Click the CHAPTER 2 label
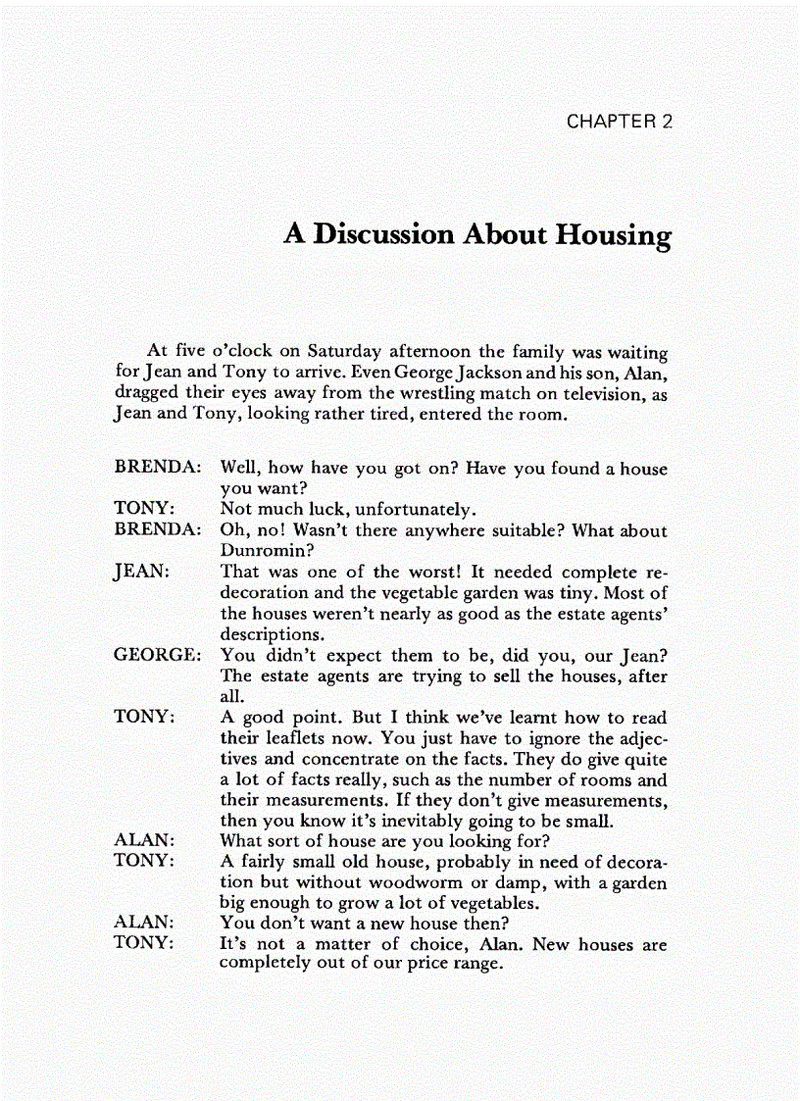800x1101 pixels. click(619, 122)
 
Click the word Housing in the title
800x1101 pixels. click(614, 235)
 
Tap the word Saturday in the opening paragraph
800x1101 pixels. click(344, 351)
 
